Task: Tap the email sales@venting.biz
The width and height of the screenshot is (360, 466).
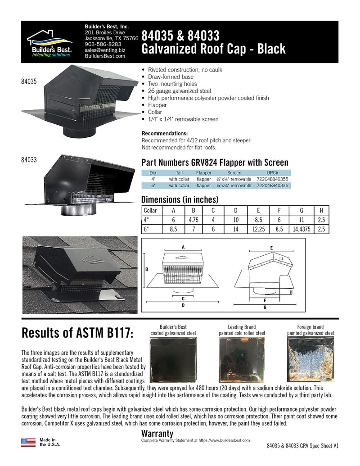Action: [x=105, y=50]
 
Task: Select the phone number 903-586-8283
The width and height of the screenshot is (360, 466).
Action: [x=103, y=44]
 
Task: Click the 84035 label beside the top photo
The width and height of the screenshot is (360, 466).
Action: [x=29, y=81]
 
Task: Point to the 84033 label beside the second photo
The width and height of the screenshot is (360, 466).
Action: [x=29, y=159]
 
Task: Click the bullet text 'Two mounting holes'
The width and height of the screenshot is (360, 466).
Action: [x=172, y=84]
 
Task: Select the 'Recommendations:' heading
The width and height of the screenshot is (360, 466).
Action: [x=165, y=133]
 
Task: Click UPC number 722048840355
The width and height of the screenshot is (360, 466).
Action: [x=272, y=179]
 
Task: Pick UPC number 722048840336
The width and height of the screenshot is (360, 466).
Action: [x=272, y=185]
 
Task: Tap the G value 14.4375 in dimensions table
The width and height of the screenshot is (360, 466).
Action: [x=301, y=229]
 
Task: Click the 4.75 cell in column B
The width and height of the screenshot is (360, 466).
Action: [x=193, y=220]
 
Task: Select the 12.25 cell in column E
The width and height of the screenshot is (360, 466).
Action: [x=258, y=229]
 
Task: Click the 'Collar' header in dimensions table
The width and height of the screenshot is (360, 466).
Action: [x=150, y=210]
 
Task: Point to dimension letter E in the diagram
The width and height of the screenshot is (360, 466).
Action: [x=271, y=248]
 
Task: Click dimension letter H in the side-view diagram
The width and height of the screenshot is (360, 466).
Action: [x=291, y=293]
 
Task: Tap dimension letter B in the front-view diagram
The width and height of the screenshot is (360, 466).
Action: [x=147, y=270]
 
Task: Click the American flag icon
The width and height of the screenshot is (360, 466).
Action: [x=28, y=443]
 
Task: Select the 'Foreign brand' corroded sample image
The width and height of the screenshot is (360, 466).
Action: [x=310, y=359]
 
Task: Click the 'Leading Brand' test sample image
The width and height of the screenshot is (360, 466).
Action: [x=242, y=360]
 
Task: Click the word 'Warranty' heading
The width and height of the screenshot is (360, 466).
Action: [x=157, y=434]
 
